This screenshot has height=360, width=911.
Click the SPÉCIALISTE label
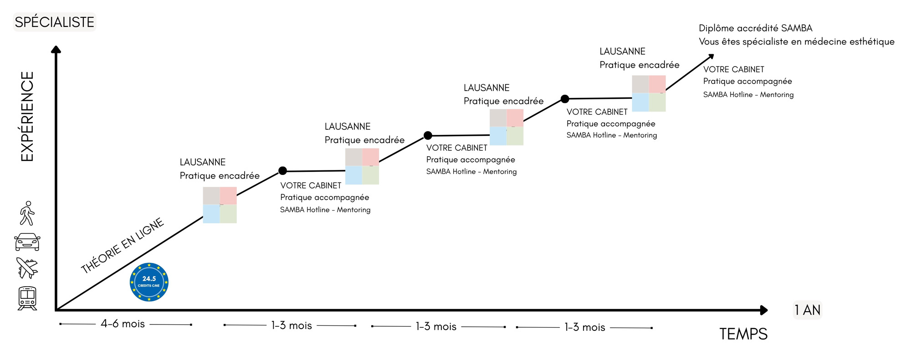click(54, 22)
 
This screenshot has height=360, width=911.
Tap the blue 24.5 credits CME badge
click(149, 282)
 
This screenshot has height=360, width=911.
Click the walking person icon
click(27, 213)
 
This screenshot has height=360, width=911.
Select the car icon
click(27, 242)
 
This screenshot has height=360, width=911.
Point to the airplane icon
click(27, 268)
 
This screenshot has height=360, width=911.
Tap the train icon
click(27, 298)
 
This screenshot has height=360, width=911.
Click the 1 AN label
click(807, 310)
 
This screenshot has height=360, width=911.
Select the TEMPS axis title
click(743, 334)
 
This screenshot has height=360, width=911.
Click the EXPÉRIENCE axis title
click(27, 116)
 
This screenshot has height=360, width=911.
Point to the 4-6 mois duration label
click(123, 324)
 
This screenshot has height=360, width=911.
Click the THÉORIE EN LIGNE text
click(122, 246)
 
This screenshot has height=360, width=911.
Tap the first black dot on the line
click(282, 171)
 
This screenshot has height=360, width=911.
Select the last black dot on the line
click(565, 99)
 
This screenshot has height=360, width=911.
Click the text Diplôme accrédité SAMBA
click(755, 28)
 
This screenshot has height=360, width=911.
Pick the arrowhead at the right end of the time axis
click(764, 310)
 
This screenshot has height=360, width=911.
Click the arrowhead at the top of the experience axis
click(56, 50)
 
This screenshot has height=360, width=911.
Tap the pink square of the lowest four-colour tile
click(228, 195)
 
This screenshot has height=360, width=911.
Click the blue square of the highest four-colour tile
click(640, 103)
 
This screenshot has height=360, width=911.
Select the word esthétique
click(872, 41)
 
